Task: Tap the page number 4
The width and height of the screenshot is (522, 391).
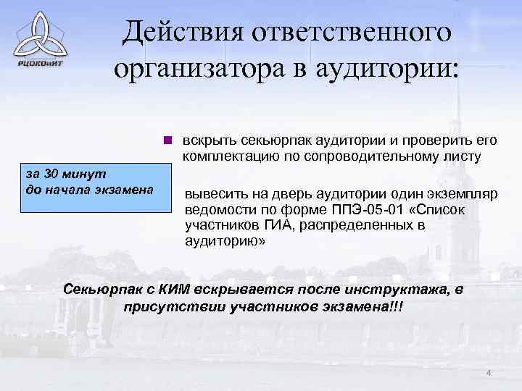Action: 489,372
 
